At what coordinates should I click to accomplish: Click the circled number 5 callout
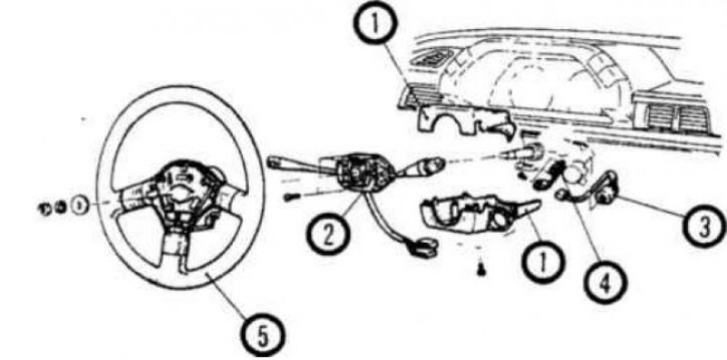264,335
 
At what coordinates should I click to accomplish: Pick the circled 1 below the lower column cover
542,262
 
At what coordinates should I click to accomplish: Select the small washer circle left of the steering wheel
80,205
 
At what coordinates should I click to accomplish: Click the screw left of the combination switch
291,196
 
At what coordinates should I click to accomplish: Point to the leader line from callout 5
231,297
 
